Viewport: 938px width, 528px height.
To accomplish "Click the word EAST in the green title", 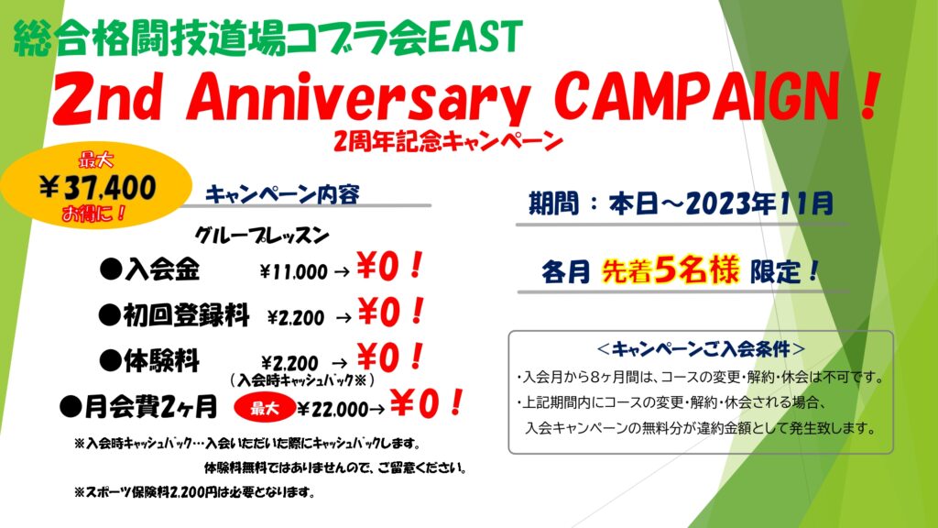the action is [x=475, y=37].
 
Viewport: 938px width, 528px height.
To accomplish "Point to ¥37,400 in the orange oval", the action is [x=97, y=187].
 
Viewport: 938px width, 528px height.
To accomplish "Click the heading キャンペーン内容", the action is [x=282, y=194].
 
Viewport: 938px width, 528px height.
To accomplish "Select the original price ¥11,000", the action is [x=294, y=272].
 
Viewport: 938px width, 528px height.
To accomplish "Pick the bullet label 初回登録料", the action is [x=174, y=315].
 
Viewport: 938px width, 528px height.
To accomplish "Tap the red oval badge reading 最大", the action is [x=265, y=408].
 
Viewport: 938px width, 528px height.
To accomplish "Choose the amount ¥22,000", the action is [x=332, y=410].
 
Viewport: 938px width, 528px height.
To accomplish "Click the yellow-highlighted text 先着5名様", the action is [x=671, y=270].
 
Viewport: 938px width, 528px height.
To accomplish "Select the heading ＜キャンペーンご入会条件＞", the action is [x=701, y=348].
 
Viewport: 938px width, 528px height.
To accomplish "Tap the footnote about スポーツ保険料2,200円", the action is [x=194, y=492].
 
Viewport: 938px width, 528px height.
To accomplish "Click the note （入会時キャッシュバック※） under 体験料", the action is [x=302, y=380].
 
